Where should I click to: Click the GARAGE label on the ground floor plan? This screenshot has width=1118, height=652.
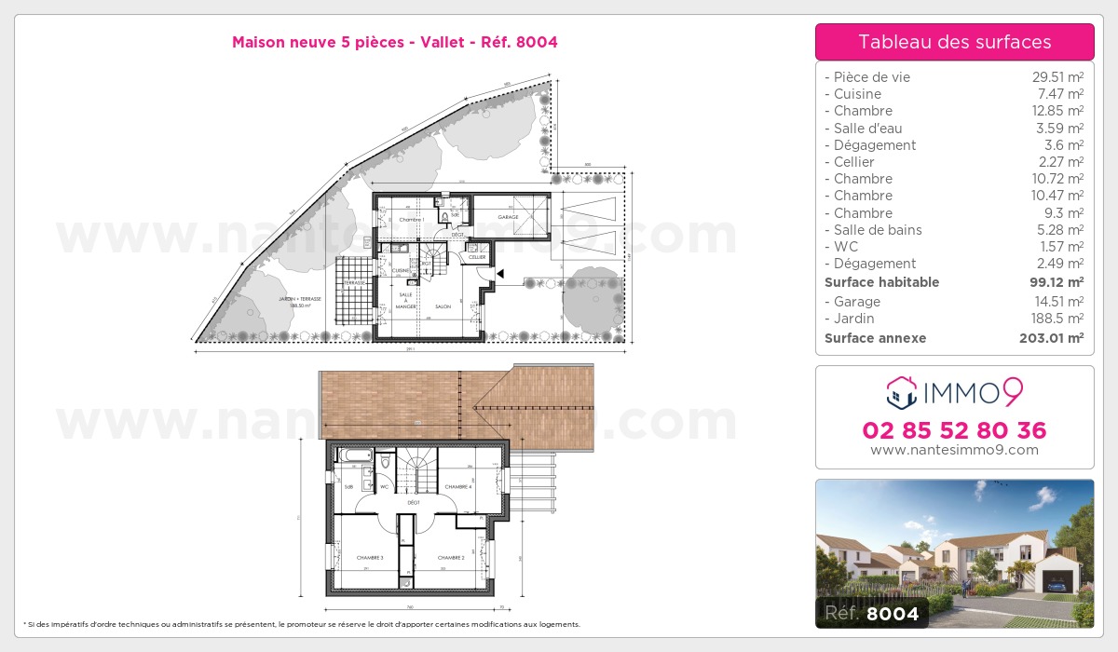tap(508, 217)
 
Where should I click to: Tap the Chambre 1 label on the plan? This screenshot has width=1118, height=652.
tap(411, 220)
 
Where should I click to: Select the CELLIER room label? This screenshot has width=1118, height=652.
tap(477, 257)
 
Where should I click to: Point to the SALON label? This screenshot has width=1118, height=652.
tap(443, 306)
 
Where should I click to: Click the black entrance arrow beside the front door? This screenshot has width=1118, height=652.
tap(499, 274)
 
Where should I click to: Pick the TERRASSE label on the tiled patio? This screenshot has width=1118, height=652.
tap(354, 282)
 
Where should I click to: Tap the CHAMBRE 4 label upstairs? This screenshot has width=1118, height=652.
tap(458, 487)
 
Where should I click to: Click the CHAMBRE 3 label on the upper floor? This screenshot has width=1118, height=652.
tap(370, 557)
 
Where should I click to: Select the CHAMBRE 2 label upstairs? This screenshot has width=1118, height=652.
tap(451, 557)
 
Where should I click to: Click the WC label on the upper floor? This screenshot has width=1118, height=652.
tap(384, 486)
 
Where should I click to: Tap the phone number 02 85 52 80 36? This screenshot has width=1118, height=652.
tap(954, 430)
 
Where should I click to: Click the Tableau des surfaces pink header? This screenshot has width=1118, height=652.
tap(954, 42)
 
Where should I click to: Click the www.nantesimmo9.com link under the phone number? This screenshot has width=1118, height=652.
tap(954, 450)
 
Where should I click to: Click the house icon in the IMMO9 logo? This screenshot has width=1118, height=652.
tap(901, 393)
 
